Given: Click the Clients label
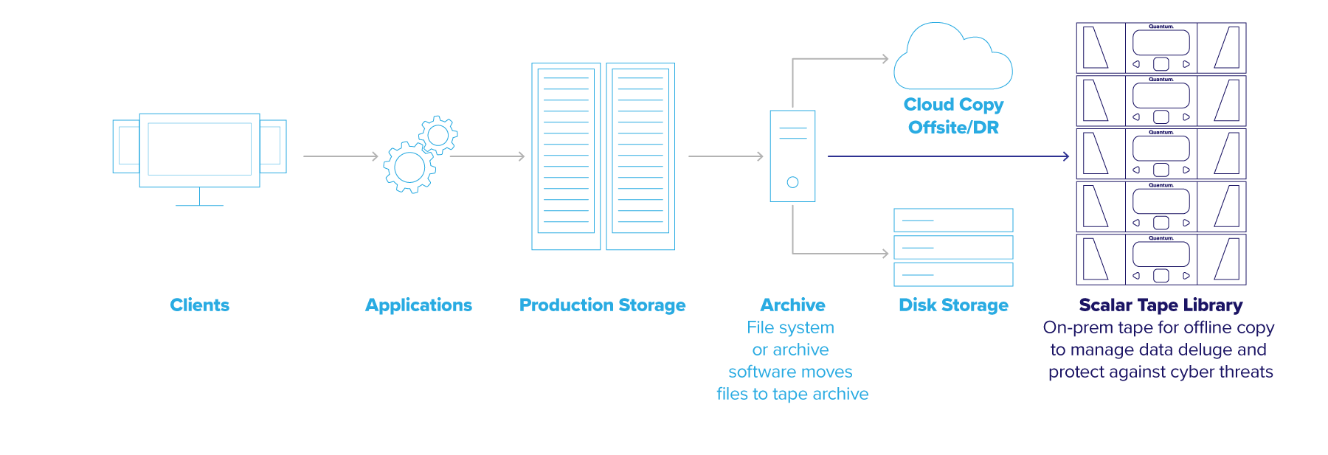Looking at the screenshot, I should [199, 305].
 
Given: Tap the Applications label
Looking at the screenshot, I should [418, 305].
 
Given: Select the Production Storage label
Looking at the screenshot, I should [602, 305].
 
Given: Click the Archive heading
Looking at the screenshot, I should [792, 305].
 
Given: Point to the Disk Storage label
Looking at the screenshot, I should [953, 305].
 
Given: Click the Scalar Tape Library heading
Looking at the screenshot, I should [1161, 305].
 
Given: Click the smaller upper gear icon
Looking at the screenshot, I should [438, 135].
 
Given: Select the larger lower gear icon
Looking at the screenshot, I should [409, 167].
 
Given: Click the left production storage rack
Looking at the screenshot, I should [566, 156].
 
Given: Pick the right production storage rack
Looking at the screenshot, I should [640, 156].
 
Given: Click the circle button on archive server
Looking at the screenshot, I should [792, 182].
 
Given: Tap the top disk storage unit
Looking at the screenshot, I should [953, 220].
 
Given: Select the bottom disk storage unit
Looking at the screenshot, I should [953, 274].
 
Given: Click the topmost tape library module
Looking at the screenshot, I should [1161, 48].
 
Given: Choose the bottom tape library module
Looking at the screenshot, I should [1161, 260].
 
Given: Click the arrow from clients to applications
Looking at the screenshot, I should [340, 156].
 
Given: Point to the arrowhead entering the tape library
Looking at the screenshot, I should [1066, 156].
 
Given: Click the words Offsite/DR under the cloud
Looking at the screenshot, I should [953, 128].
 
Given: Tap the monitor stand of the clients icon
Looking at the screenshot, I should [199, 198].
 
